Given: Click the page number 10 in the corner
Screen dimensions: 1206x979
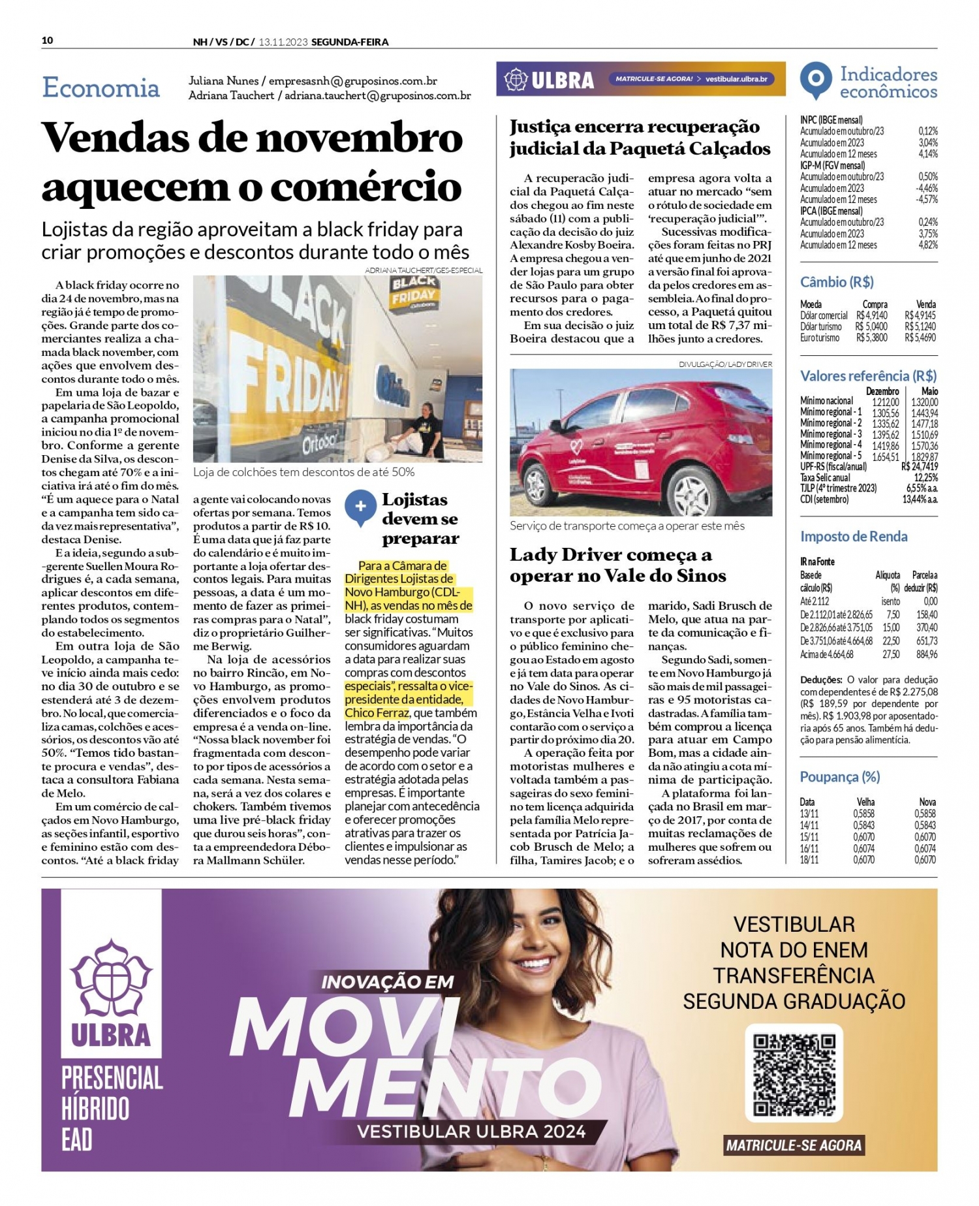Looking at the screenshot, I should (x=47, y=40).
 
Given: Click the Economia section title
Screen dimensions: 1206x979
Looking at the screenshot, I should (x=101, y=87).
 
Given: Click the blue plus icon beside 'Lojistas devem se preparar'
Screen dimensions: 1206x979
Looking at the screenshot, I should (x=360, y=507).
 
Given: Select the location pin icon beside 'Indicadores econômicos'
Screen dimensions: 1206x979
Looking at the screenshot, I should (x=816, y=80).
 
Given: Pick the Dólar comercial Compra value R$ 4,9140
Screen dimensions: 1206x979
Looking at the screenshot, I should (x=871, y=315).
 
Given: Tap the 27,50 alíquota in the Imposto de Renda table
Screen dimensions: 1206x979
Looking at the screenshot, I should (x=890, y=654).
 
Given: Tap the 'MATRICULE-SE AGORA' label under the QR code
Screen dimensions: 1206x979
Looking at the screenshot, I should (x=794, y=1145).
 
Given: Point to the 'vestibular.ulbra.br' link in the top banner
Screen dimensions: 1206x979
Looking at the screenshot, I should (x=736, y=79).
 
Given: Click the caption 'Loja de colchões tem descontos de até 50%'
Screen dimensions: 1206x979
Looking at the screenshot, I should (x=303, y=472).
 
